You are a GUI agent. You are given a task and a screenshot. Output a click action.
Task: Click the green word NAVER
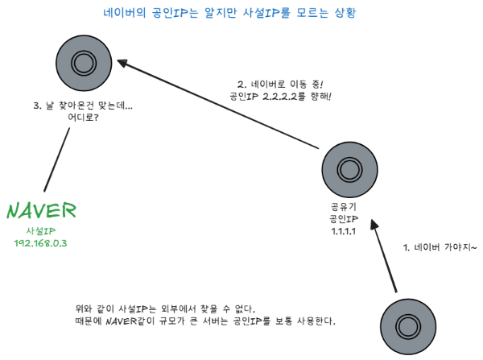point(41,211)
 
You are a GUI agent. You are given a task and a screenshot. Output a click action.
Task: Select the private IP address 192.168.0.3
point(40,243)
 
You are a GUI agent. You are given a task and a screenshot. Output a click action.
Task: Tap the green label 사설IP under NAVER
point(41,230)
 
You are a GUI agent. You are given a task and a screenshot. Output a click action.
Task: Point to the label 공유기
point(344,207)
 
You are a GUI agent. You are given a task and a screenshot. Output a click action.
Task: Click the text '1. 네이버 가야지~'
point(440,247)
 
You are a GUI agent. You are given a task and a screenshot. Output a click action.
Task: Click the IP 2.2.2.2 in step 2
point(285,96)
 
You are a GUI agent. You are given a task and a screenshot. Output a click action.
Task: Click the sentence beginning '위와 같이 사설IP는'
point(164,308)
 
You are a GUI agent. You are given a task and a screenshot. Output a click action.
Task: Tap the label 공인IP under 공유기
point(344,219)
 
